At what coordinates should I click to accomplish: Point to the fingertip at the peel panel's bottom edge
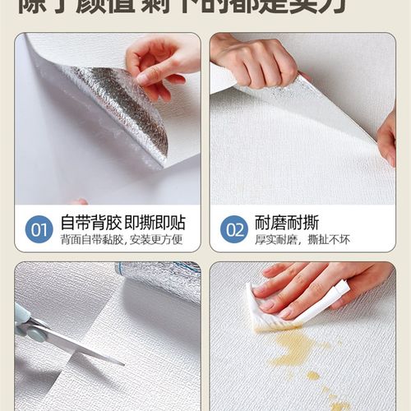pos(79,201)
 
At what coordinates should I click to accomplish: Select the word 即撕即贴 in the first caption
pos(164,222)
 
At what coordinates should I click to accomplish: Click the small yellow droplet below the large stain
pos(313,376)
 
